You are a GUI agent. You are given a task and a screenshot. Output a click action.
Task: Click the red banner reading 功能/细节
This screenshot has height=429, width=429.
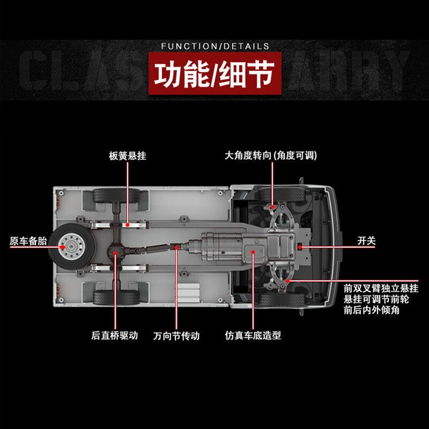pyautogui.click(x=214, y=76)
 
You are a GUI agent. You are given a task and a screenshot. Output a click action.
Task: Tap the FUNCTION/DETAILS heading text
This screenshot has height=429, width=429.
pyautogui.click(x=215, y=46)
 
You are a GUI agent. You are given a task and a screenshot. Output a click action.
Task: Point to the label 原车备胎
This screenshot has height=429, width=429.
pyautogui.click(x=28, y=241)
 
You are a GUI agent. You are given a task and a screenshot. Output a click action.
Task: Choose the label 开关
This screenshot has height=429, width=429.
pyautogui.click(x=367, y=241)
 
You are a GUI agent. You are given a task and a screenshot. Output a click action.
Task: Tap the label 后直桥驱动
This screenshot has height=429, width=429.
pyautogui.click(x=115, y=336)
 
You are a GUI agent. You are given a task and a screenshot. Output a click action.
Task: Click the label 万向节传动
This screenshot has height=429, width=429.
pyautogui.click(x=176, y=336)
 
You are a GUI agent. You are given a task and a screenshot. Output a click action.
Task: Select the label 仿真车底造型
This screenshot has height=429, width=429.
pyautogui.click(x=253, y=336)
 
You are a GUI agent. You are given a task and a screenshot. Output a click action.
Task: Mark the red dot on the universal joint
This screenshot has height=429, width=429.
pyautogui.click(x=176, y=247)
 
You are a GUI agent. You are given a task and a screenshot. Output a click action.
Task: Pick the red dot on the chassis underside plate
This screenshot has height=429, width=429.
pyautogui.click(x=253, y=250)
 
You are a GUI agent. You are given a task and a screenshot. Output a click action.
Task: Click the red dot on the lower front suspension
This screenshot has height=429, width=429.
pyautogui.click(x=289, y=280)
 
